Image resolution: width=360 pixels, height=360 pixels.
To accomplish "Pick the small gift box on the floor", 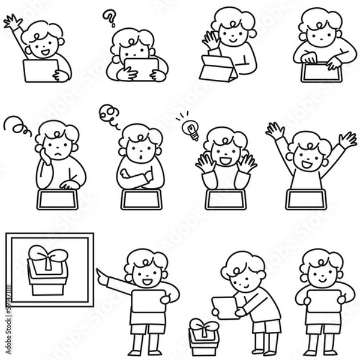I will (x=203, y=337).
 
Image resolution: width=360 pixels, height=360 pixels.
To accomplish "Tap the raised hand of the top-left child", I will (x=11, y=22).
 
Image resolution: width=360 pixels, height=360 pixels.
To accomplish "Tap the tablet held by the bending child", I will (x=225, y=306).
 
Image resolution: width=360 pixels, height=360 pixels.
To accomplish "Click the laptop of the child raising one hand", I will (x=40, y=71).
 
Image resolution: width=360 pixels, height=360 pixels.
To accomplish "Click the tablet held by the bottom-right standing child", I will (x=322, y=297).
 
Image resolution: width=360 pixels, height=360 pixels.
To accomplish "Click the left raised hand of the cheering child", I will (x=275, y=131).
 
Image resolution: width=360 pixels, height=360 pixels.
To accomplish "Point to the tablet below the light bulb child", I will (x=225, y=199).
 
